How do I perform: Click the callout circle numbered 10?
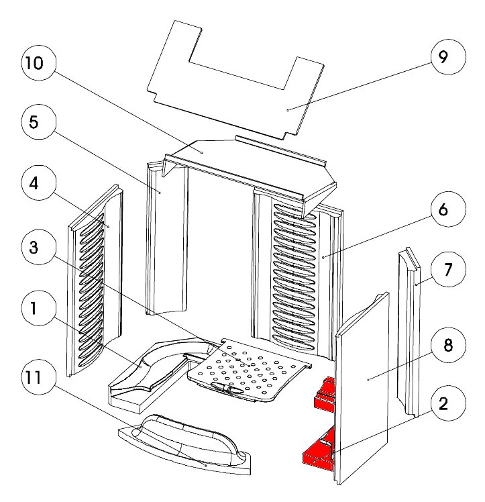point(34,64)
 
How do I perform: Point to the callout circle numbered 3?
point(34,247)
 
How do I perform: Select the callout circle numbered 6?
point(443,210)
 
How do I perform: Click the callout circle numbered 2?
point(443,405)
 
